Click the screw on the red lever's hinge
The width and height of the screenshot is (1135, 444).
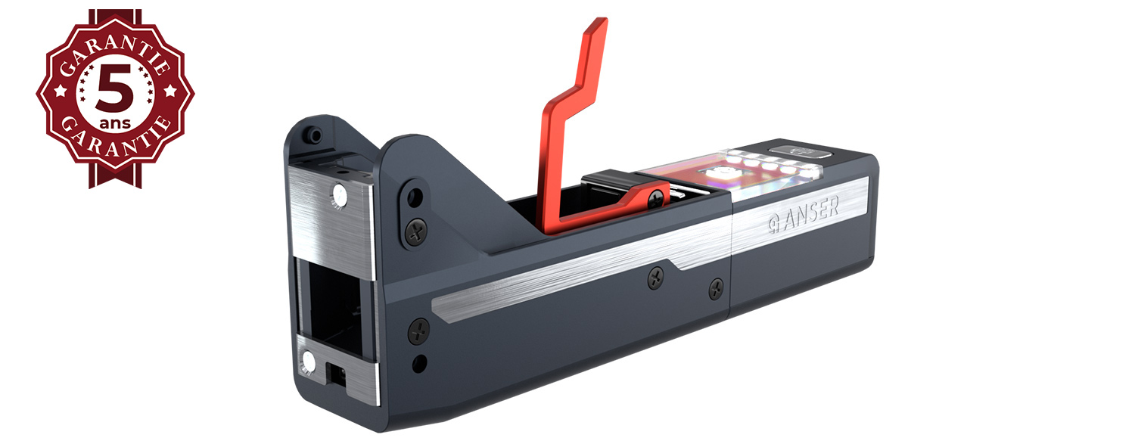click(x=652, y=198)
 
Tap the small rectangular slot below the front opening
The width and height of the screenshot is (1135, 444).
click(x=336, y=372)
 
